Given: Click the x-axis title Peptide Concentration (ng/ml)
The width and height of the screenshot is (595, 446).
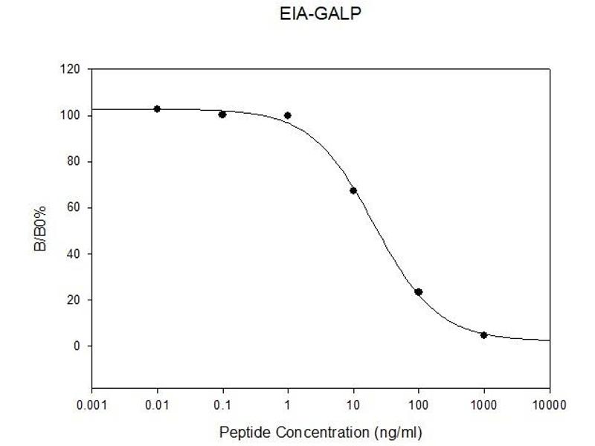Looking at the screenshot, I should [x=321, y=431].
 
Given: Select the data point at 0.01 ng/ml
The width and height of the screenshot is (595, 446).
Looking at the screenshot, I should [x=157, y=109].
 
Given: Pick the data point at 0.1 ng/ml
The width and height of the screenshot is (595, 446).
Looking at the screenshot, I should [x=222, y=114].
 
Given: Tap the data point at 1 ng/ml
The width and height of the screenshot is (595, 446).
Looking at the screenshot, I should [x=288, y=115].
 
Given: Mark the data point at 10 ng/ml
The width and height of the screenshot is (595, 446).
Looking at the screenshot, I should [x=353, y=191].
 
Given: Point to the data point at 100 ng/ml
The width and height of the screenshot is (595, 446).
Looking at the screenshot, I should [x=419, y=292].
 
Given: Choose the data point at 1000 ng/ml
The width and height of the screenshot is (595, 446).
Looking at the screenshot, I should [x=484, y=335].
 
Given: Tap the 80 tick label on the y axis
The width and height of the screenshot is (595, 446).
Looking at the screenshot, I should [x=74, y=162].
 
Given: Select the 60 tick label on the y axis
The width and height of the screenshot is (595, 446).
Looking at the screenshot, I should [x=74, y=208].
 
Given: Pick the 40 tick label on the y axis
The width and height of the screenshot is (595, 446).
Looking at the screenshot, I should [x=74, y=254].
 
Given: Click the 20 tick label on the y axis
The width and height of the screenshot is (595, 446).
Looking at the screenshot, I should [x=74, y=300].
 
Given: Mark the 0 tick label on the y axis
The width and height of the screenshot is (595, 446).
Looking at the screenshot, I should [x=77, y=346].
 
